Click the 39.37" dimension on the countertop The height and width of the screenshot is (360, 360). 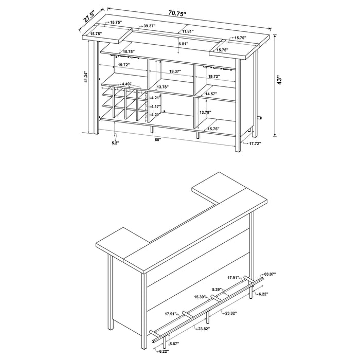pos(151,26)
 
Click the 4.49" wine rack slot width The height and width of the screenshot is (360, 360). pos(127,84)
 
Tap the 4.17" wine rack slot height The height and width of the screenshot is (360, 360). pos(156,106)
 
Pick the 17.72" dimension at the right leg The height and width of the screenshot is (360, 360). pos(255,145)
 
